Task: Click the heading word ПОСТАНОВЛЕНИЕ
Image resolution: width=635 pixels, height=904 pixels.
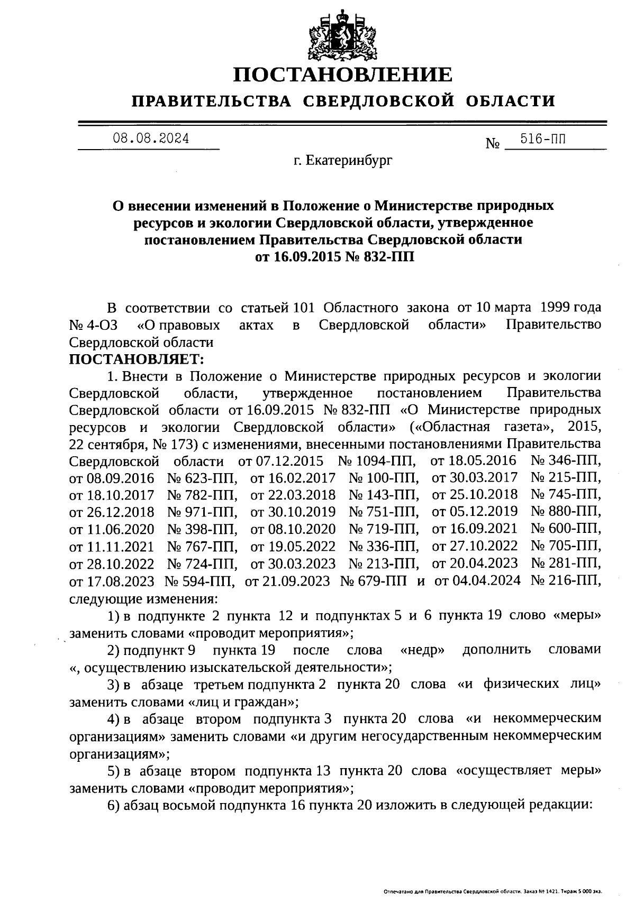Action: (343, 75)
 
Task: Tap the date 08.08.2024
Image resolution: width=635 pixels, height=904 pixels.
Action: (151, 139)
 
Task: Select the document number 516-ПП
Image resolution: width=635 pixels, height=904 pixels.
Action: (543, 140)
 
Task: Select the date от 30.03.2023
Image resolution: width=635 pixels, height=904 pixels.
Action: (293, 564)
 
